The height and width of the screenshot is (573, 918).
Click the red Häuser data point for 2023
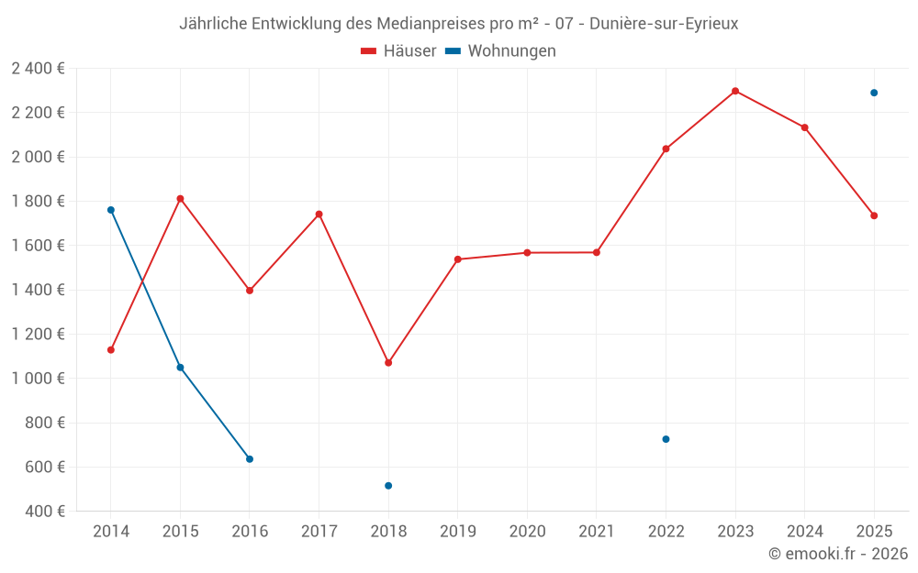click(x=735, y=91)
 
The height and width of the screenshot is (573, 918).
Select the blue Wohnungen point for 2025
click(x=874, y=93)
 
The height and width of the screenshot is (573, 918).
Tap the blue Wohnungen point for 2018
click(x=388, y=486)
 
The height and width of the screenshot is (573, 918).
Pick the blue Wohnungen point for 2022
click(x=666, y=439)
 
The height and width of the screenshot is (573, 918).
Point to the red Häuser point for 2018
click(x=388, y=363)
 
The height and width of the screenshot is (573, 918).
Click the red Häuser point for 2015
click(x=180, y=199)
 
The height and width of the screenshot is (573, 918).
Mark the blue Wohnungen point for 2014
click(x=111, y=210)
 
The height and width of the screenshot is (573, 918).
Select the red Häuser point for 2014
click(x=111, y=350)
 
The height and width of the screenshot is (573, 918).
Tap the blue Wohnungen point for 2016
click(x=250, y=459)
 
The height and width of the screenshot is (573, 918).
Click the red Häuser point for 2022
click(x=666, y=149)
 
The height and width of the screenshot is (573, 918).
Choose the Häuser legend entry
click(x=398, y=51)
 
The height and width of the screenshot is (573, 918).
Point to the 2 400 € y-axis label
click(x=39, y=69)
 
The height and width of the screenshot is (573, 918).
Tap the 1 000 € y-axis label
click(x=39, y=379)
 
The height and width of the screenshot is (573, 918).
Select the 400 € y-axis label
click(x=46, y=512)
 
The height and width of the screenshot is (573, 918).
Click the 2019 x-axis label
click(x=457, y=532)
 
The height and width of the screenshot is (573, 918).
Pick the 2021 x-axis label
click(x=597, y=532)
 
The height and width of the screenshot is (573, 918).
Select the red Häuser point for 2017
click(x=319, y=215)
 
